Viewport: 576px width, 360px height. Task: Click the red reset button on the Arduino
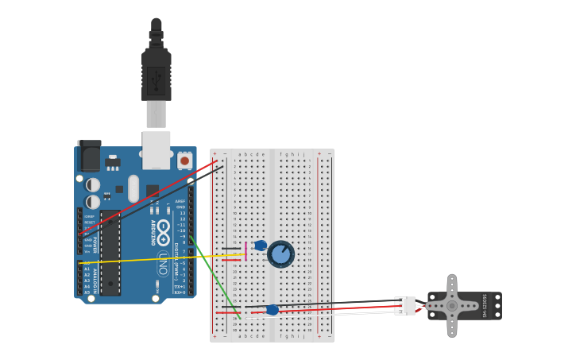(x=184, y=161)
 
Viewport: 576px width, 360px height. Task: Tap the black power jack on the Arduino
(x=89, y=157)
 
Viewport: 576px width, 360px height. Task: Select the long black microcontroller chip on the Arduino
(x=110, y=252)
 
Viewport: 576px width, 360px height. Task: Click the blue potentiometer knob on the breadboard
(x=280, y=254)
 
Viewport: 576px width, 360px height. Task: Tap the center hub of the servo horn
(x=452, y=306)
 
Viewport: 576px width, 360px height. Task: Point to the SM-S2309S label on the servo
(x=485, y=306)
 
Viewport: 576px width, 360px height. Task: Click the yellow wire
(x=159, y=257)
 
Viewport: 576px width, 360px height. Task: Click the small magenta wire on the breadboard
(x=246, y=251)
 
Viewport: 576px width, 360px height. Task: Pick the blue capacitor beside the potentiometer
(x=261, y=246)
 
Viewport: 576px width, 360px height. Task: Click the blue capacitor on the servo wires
(x=273, y=310)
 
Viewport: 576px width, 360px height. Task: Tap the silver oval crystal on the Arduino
(x=133, y=188)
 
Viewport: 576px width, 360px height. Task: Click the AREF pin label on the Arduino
(x=180, y=202)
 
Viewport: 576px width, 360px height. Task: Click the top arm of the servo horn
(x=452, y=285)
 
